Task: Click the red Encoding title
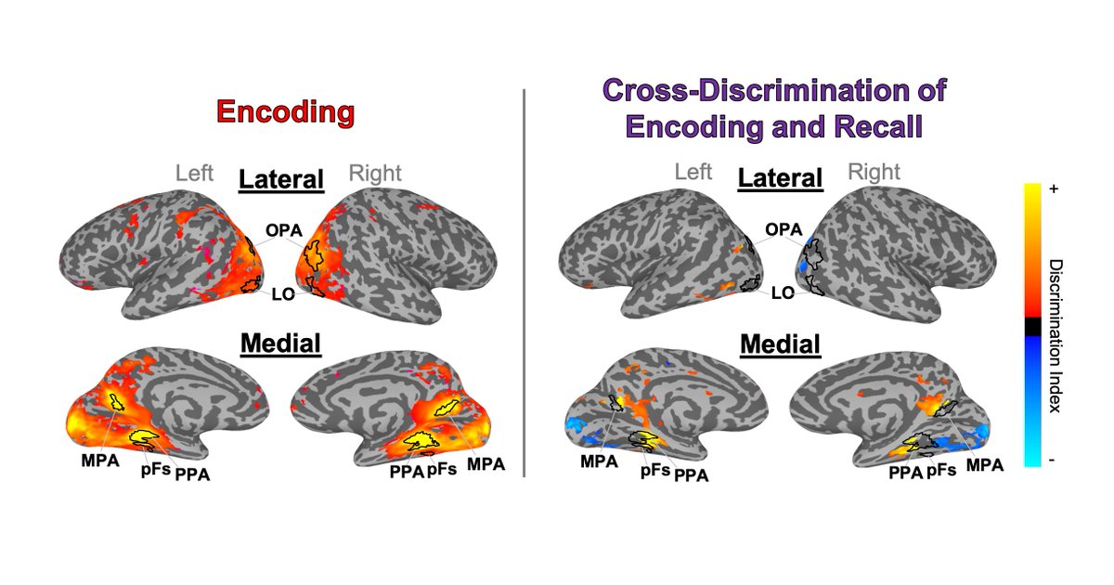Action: (285, 112)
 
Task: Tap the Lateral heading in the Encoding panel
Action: (281, 179)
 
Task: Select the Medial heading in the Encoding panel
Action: (280, 344)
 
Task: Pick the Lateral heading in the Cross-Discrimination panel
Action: (780, 179)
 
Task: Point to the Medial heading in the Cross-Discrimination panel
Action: (780, 345)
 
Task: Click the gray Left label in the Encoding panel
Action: (194, 173)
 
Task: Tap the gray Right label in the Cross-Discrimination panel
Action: (874, 172)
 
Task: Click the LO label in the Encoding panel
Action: (282, 294)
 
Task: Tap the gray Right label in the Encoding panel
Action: (374, 173)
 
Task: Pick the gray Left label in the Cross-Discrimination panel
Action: (693, 172)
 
